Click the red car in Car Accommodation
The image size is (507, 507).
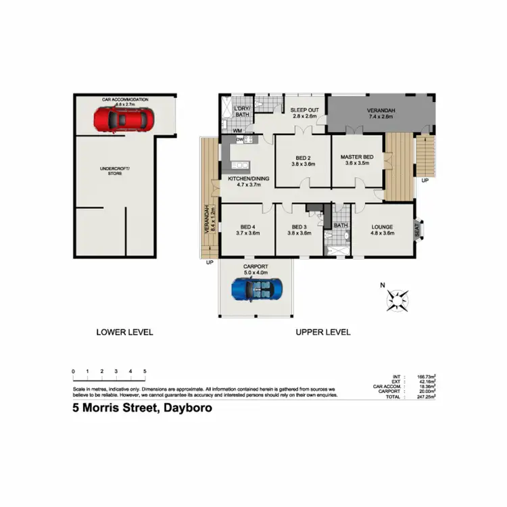pos(123,120)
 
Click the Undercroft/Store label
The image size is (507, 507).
pos(124,170)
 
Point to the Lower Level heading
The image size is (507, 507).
pos(124,332)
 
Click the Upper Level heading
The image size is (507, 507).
pos(322,332)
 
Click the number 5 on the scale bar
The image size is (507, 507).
pos(145,372)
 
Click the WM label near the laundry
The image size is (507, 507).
pos(238,130)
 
